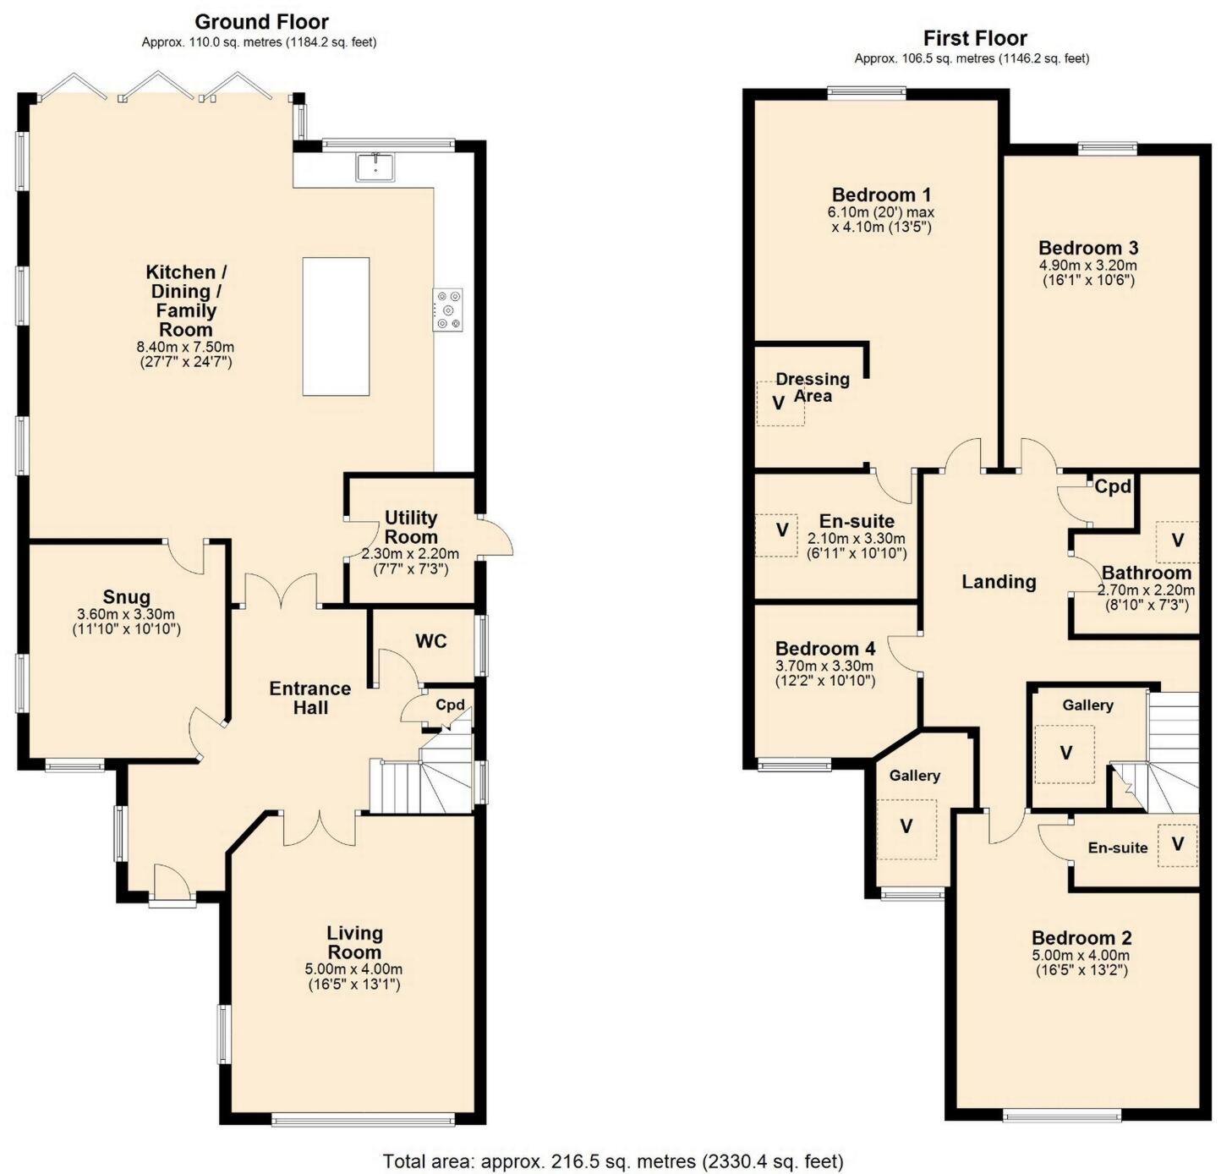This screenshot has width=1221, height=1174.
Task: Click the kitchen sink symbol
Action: (375, 167)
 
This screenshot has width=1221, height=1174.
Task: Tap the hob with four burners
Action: (448, 310)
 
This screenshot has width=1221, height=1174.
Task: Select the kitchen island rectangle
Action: (336, 326)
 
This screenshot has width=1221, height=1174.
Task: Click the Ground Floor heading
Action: (261, 22)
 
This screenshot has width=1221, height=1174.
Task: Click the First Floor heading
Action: (975, 38)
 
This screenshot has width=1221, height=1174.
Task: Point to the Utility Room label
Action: (411, 527)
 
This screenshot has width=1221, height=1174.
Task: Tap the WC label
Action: (430, 641)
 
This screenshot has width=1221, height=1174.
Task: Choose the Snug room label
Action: (127, 597)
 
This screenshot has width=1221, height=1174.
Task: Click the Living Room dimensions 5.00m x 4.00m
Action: (353, 969)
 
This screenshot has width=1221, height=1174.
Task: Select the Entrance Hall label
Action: (310, 698)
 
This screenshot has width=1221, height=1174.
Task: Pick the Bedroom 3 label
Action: (1088, 248)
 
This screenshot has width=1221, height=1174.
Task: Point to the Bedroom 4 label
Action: (825, 649)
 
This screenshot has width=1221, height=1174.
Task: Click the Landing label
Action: (999, 582)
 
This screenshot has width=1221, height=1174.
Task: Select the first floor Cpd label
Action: (1113, 487)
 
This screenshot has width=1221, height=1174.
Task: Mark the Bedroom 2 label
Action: (1081, 938)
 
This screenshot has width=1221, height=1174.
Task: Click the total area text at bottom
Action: (613, 1160)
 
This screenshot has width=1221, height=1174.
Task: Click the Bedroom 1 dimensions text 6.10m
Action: (881, 212)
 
